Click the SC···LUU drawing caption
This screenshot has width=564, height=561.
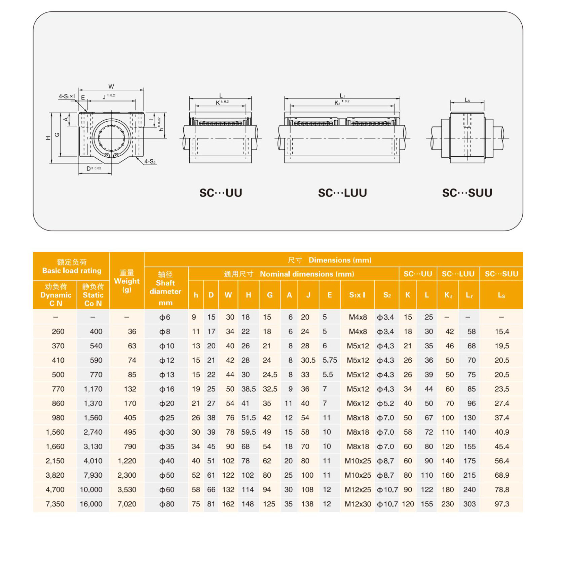click(x=342, y=193)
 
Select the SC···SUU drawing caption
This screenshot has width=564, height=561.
click(x=467, y=193)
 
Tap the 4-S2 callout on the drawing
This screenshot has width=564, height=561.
click(x=150, y=162)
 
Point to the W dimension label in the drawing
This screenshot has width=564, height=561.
click(x=111, y=86)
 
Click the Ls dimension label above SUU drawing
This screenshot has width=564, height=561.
click(x=467, y=100)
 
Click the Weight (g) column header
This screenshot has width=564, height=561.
click(x=126, y=281)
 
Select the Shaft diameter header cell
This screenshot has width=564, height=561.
click(x=165, y=288)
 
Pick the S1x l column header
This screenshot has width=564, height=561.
click(x=357, y=295)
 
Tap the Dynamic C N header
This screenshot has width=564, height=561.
click(x=56, y=295)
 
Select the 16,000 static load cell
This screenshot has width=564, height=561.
click(x=91, y=504)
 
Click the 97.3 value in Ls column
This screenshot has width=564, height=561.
click(x=501, y=504)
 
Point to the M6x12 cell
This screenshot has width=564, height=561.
click(x=358, y=403)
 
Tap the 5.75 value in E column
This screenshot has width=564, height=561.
click(x=330, y=360)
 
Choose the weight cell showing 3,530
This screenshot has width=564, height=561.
click(x=127, y=490)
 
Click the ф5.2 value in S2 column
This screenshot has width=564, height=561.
click(x=385, y=403)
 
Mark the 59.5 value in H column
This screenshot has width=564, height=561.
click(x=249, y=432)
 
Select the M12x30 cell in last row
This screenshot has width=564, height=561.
click(x=358, y=504)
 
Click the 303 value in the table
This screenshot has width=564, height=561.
click(x=469, y=504)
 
